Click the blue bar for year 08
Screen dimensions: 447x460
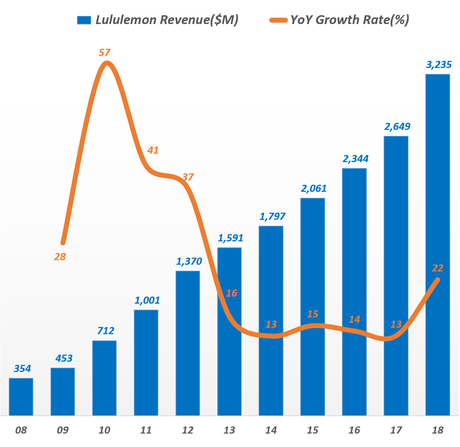tap(21, 397)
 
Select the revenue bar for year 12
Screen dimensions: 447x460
tap(188, 343)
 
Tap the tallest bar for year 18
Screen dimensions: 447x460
tap(437, 245)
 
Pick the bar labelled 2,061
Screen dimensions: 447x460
tap(313, 306)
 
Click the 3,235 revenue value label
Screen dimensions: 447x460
tap(439, 65)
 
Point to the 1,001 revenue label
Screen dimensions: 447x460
tap(147, 300)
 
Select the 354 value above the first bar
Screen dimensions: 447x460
tap(22, 369)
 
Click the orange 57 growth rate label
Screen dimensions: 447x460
tap(105, 53)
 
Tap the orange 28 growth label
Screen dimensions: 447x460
tap(60, 257)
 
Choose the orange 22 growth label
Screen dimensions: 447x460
tap(437, 269)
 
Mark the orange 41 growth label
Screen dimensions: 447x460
tap(153, 150)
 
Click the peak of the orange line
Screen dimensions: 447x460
tap(107, 63)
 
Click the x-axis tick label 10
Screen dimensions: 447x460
tap(104, 430)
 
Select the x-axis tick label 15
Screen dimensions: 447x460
tap(312, 430)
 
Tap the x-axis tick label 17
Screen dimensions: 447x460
tap(396, 430)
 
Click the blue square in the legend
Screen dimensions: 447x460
tap(84, 20)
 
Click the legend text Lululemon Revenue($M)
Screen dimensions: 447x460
tap(167, 20)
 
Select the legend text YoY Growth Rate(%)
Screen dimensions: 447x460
tap(350, 20)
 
